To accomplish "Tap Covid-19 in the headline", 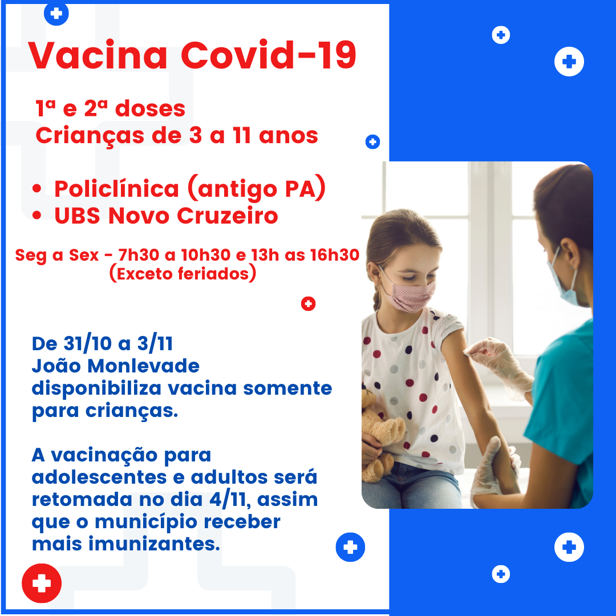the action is (269, 55).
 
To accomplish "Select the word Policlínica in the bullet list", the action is (117, 189).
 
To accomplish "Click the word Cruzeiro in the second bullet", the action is (228, 216).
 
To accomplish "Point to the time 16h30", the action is (334, 255).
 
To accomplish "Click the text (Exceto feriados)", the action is (183, 273).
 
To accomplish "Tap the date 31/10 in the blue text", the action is (88, 343).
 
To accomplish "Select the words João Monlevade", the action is (115, 366).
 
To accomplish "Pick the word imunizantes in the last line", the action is (153, 544).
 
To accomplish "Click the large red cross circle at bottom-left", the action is (42, 583).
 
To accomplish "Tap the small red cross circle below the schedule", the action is (309, 303).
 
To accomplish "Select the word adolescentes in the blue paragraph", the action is (99, 477).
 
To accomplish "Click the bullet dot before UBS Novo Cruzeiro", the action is (37, 215).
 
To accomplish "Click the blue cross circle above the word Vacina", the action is (56, 13).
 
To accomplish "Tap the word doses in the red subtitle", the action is (150, 108).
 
